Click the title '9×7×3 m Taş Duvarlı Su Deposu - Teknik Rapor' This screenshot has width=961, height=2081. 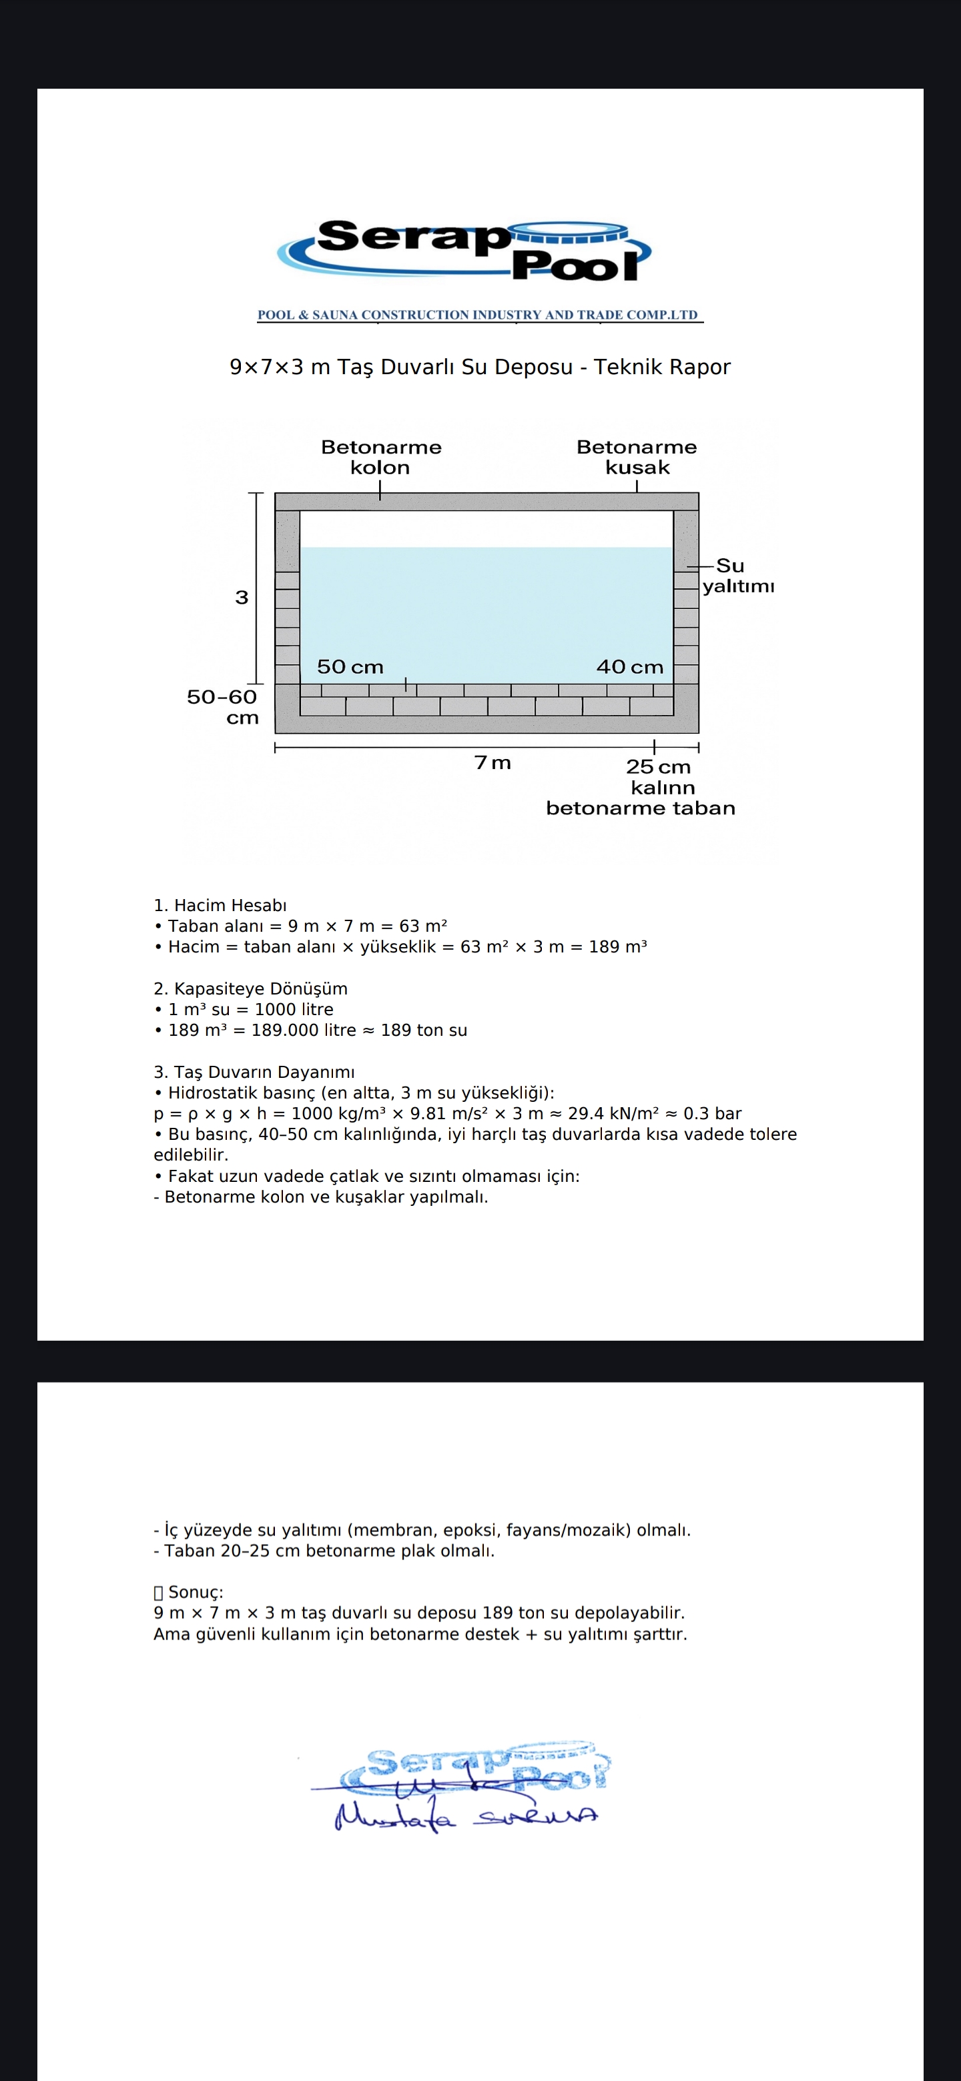(480, 367)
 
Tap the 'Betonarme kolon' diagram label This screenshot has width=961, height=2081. (380, 458)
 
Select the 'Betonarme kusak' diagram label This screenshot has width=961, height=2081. (637, 458)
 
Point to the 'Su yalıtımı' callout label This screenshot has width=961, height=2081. (737, 575)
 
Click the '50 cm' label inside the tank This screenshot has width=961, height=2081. (350, 667)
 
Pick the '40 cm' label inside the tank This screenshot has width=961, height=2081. (629, 667)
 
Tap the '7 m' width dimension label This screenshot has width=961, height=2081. (493, 762)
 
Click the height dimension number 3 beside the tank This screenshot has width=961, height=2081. (242, 598)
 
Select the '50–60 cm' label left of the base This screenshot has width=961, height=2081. (222, 707)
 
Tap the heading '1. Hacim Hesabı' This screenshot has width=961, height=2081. (220, 906)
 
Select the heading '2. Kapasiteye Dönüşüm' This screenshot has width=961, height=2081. (250, 988)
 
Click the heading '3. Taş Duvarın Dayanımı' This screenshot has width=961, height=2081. (254, 1072)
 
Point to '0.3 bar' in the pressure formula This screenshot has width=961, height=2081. (712, 1114)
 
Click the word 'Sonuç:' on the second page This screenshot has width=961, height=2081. (196, 1591)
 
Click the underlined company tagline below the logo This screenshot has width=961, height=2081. (478, 315)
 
